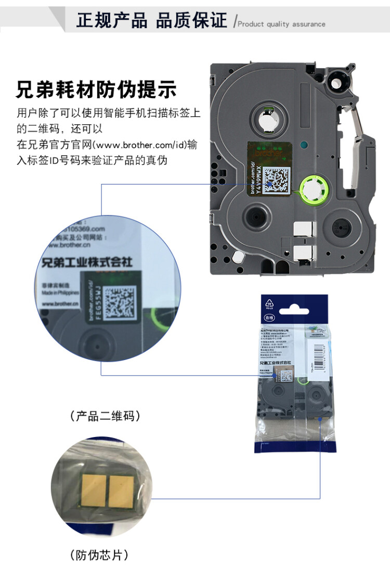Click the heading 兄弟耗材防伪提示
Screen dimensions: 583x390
tap(96, 90)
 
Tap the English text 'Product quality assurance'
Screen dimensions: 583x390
tap(281, 24)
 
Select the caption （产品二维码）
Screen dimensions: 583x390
tap(105, 416)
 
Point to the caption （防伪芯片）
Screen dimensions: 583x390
tap(99, 555)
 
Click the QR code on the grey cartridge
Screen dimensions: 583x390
tap(275, 181)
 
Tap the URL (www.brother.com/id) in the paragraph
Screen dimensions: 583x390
tap(148, 145)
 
